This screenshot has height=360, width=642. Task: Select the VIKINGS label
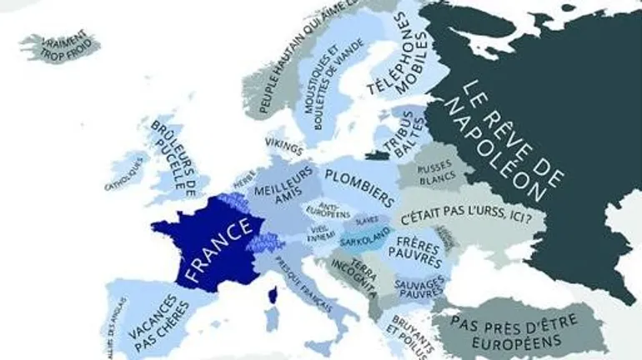(x=283, y=147)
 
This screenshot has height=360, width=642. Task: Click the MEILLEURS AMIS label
(x=283, y=185)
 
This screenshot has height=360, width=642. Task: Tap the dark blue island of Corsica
(x=270, y=294)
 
